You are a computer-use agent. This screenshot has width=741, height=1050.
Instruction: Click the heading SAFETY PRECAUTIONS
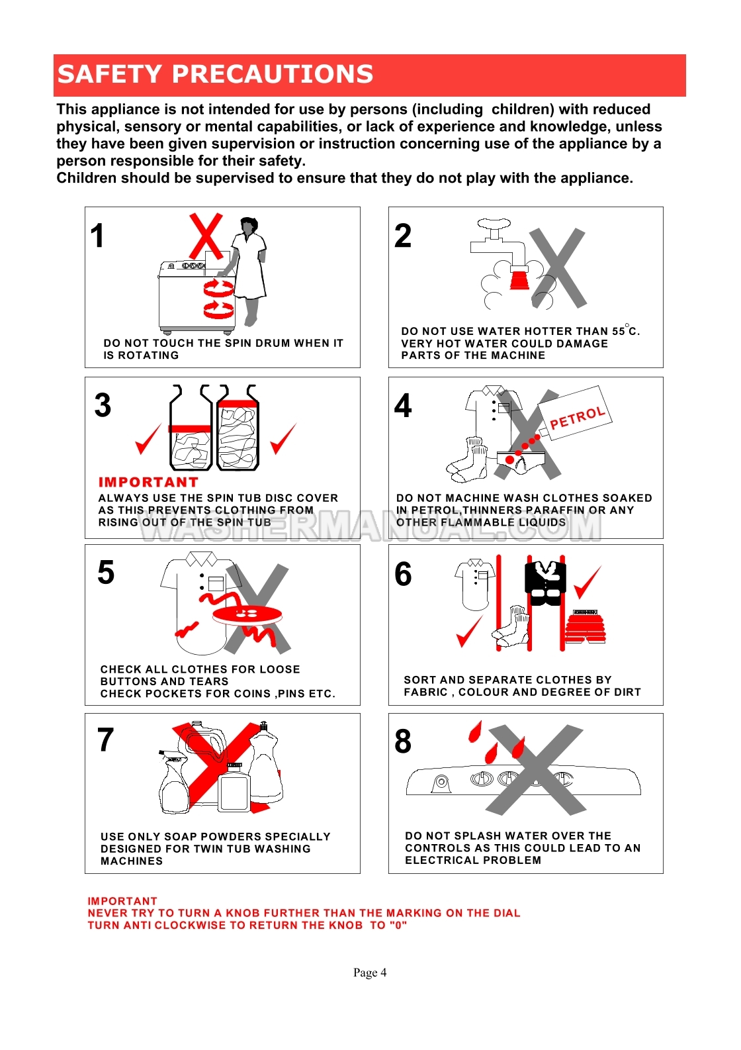(215, 74)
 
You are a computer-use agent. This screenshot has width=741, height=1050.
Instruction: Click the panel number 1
(98, 236)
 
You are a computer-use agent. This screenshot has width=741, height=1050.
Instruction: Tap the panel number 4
(403, 406)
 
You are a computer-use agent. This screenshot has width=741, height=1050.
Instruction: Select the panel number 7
(106, 740)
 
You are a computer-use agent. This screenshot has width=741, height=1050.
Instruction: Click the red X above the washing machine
(206, 236)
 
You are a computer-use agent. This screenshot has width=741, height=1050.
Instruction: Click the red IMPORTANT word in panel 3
(148, 482)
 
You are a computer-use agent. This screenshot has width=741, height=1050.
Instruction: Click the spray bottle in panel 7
(175, 781)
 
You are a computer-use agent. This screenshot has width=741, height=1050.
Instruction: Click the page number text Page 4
(370, 973)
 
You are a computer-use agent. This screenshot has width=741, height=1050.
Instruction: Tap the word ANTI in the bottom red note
(139, 925)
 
